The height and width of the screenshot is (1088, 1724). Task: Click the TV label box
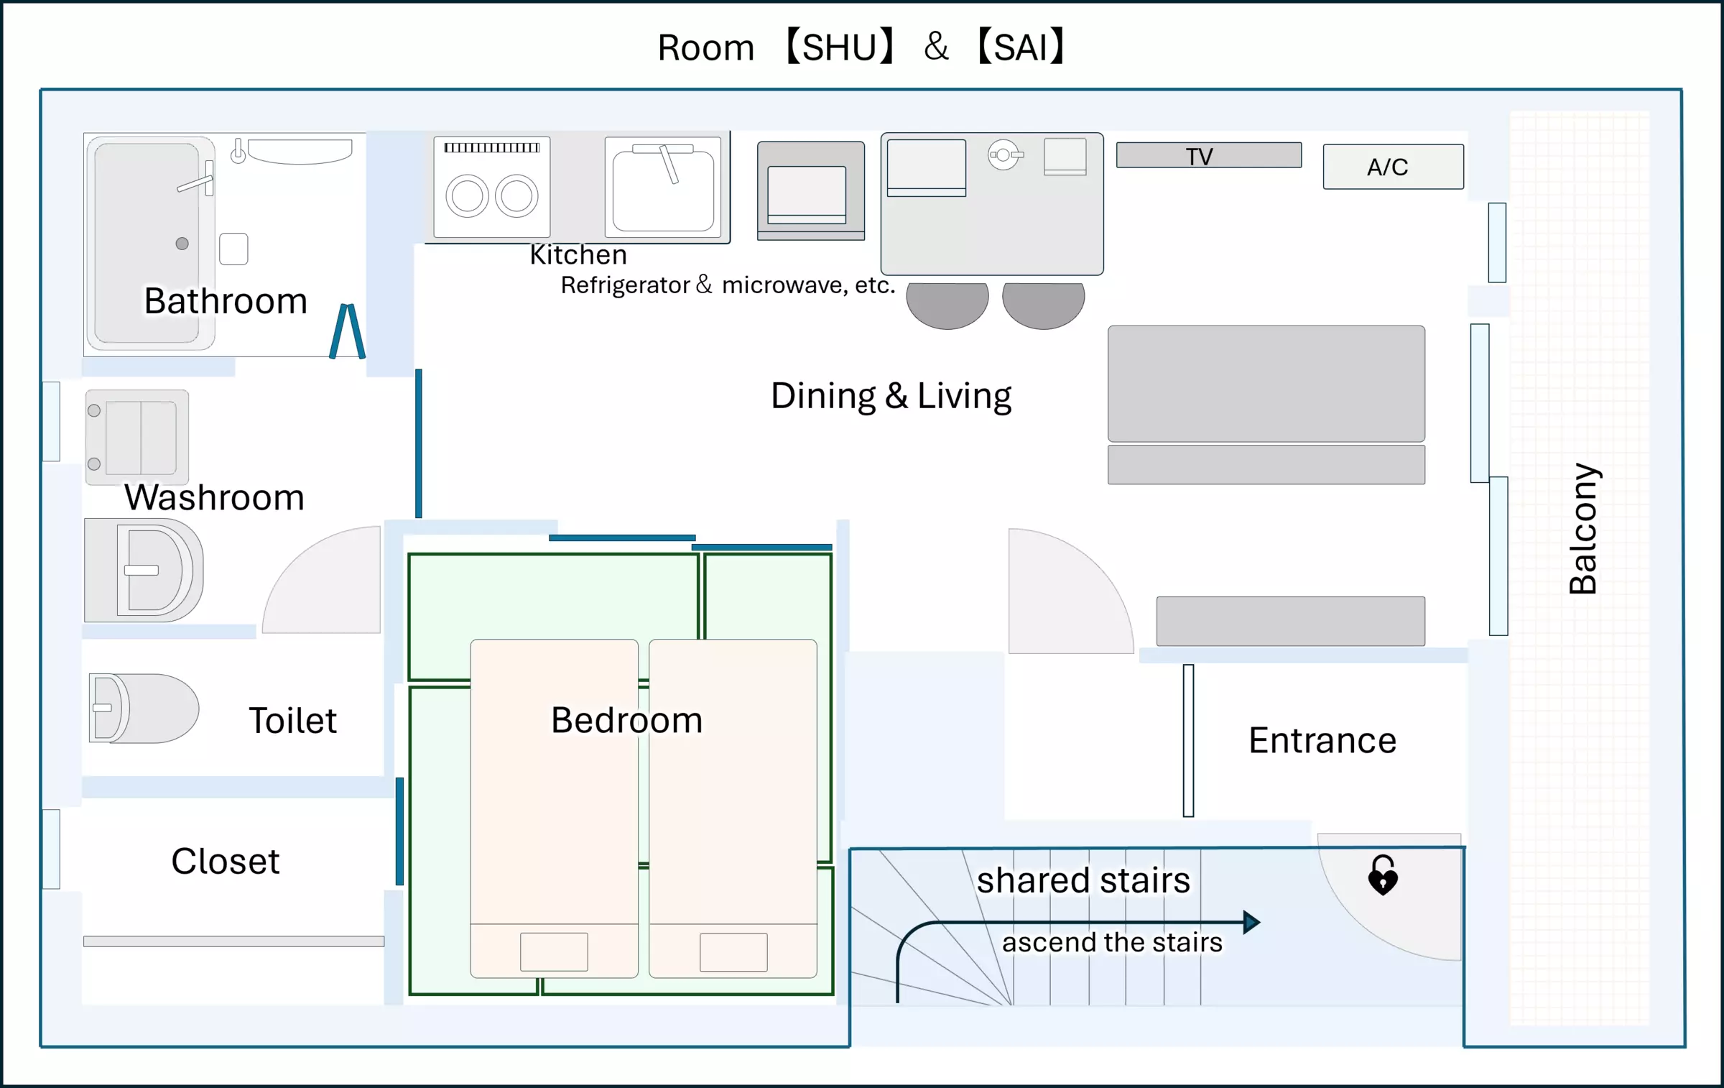pos(1208,155)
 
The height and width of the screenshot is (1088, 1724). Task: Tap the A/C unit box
pos(1392,167)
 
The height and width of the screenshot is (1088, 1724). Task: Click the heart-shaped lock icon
pos(1383,875)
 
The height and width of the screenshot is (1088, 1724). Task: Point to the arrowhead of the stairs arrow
pos(1251,922)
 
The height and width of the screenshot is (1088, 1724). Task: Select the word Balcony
pos(1583,528)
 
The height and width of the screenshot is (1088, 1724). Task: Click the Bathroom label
pos(226,300)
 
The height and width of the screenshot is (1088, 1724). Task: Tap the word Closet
pos(225,861)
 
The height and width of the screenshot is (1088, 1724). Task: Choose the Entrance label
pos(1322,740)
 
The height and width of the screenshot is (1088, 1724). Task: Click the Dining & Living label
pos(891,396)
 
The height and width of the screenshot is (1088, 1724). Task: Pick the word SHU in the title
pos(840,47)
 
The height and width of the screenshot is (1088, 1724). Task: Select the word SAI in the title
pos(1021,47)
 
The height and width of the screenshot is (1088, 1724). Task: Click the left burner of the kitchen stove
pos(467,196)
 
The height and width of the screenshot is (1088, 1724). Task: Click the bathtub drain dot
pos(182,244)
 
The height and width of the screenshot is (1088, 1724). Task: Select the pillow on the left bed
pos(554,951)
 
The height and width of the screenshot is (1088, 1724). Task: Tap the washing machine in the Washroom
pos(137,436)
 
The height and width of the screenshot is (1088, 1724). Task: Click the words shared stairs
pos(1083,880)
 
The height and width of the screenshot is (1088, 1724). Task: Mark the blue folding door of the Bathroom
pos(348,331)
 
